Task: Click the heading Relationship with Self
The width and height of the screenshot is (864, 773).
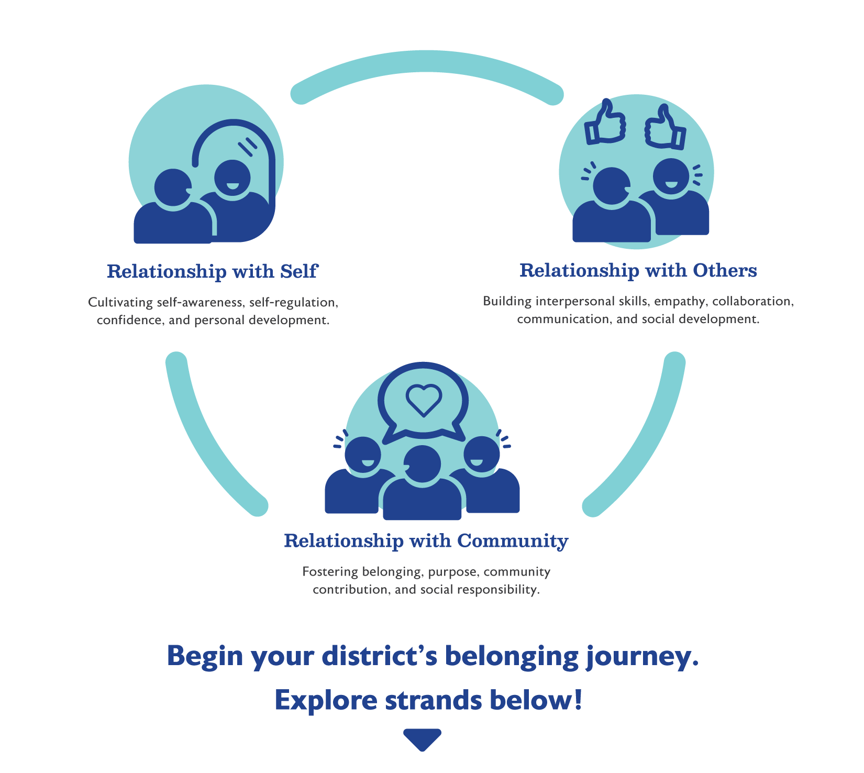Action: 212,271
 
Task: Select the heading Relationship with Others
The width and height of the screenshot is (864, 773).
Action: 638,270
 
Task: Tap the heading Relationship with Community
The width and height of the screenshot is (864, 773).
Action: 426,540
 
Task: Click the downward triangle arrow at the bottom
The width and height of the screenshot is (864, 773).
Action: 422,738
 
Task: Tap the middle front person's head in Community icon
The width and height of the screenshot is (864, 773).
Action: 422,463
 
